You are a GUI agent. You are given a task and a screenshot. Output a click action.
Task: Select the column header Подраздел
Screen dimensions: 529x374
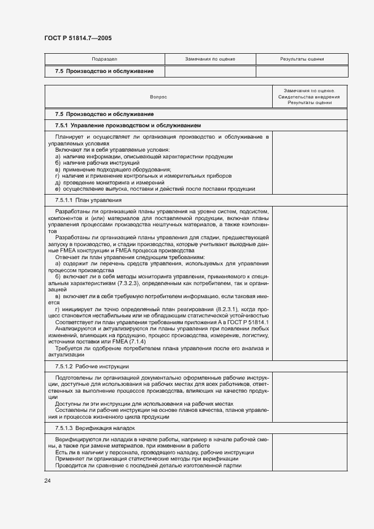tap(104, 59)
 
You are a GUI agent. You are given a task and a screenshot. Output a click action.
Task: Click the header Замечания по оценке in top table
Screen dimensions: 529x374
tap(210, 59)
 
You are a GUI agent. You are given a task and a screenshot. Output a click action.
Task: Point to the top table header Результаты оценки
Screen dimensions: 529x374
tap(302, 59)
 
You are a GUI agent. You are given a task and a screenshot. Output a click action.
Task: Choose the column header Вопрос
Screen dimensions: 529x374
tap(158, 97)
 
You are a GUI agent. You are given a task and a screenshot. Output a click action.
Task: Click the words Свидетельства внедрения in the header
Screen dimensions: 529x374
tap(309, 97)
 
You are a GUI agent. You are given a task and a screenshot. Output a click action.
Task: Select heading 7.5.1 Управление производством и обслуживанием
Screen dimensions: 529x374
tap(128, 125)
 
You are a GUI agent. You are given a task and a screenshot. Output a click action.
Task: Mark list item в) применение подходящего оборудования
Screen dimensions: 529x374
tap(113, 170)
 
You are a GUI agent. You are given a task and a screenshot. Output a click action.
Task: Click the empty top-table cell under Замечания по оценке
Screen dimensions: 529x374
tap(210, 71)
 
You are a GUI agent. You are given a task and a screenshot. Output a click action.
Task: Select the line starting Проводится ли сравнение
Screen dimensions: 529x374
tap(148, 465)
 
